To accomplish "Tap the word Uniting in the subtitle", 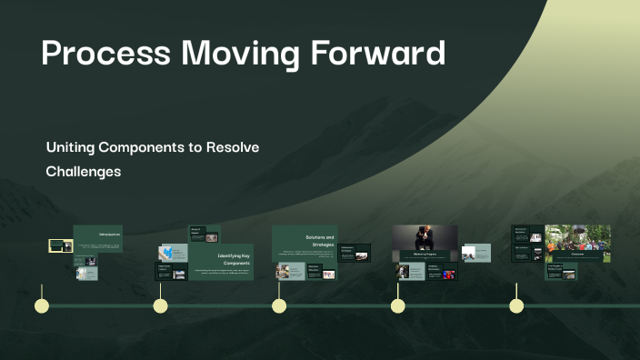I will (x=71, y=146).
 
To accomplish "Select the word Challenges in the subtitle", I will (x=83, y=171).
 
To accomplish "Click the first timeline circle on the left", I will (x=41, y=305).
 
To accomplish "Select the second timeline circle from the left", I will (x=160, y=305).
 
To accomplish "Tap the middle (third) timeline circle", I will (x=279, y=305).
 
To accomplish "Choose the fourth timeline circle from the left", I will (x=397, y=305).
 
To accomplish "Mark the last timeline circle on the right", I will (x=516, y=305).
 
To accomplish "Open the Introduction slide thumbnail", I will (x=97, y=238).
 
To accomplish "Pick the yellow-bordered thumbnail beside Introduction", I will (x=60, y=245).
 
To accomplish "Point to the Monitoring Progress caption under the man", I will (x=425, y=255).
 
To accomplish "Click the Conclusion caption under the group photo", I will (x=577, y=255).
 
